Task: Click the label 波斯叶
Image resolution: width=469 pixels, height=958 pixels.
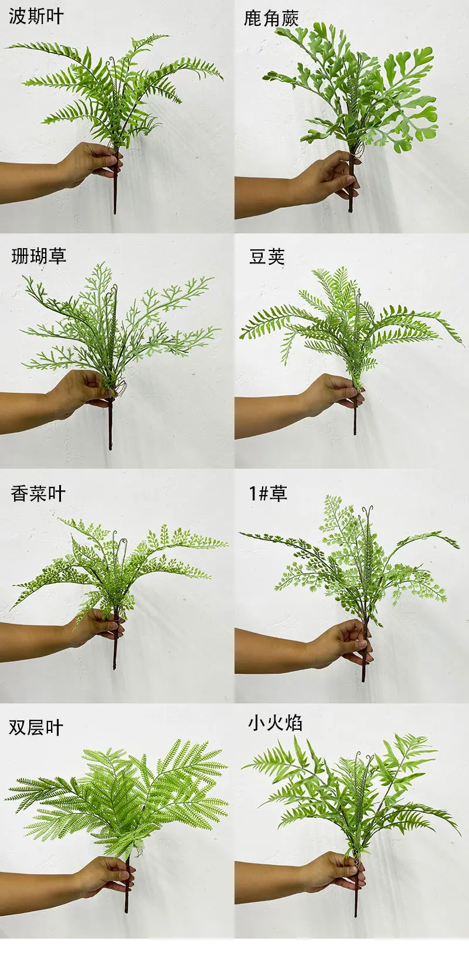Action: pyautogui.click(x=36, y=16)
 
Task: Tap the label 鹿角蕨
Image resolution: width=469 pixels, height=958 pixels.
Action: pyautogui.click(x=271, y=18)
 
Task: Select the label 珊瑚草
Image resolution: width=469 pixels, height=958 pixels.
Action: pyautogui.click(x=39, y=256)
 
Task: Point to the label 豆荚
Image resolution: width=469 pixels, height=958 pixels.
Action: pyautogui.click(x=267, y=257)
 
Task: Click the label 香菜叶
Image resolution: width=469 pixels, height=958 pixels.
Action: pyautogui.click(x=38, y=494)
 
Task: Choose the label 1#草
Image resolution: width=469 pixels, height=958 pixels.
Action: pyautogui.click(x=268, y=493)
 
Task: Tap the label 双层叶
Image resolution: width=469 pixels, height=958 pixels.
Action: pyautogui.click(x=36, y=727)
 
